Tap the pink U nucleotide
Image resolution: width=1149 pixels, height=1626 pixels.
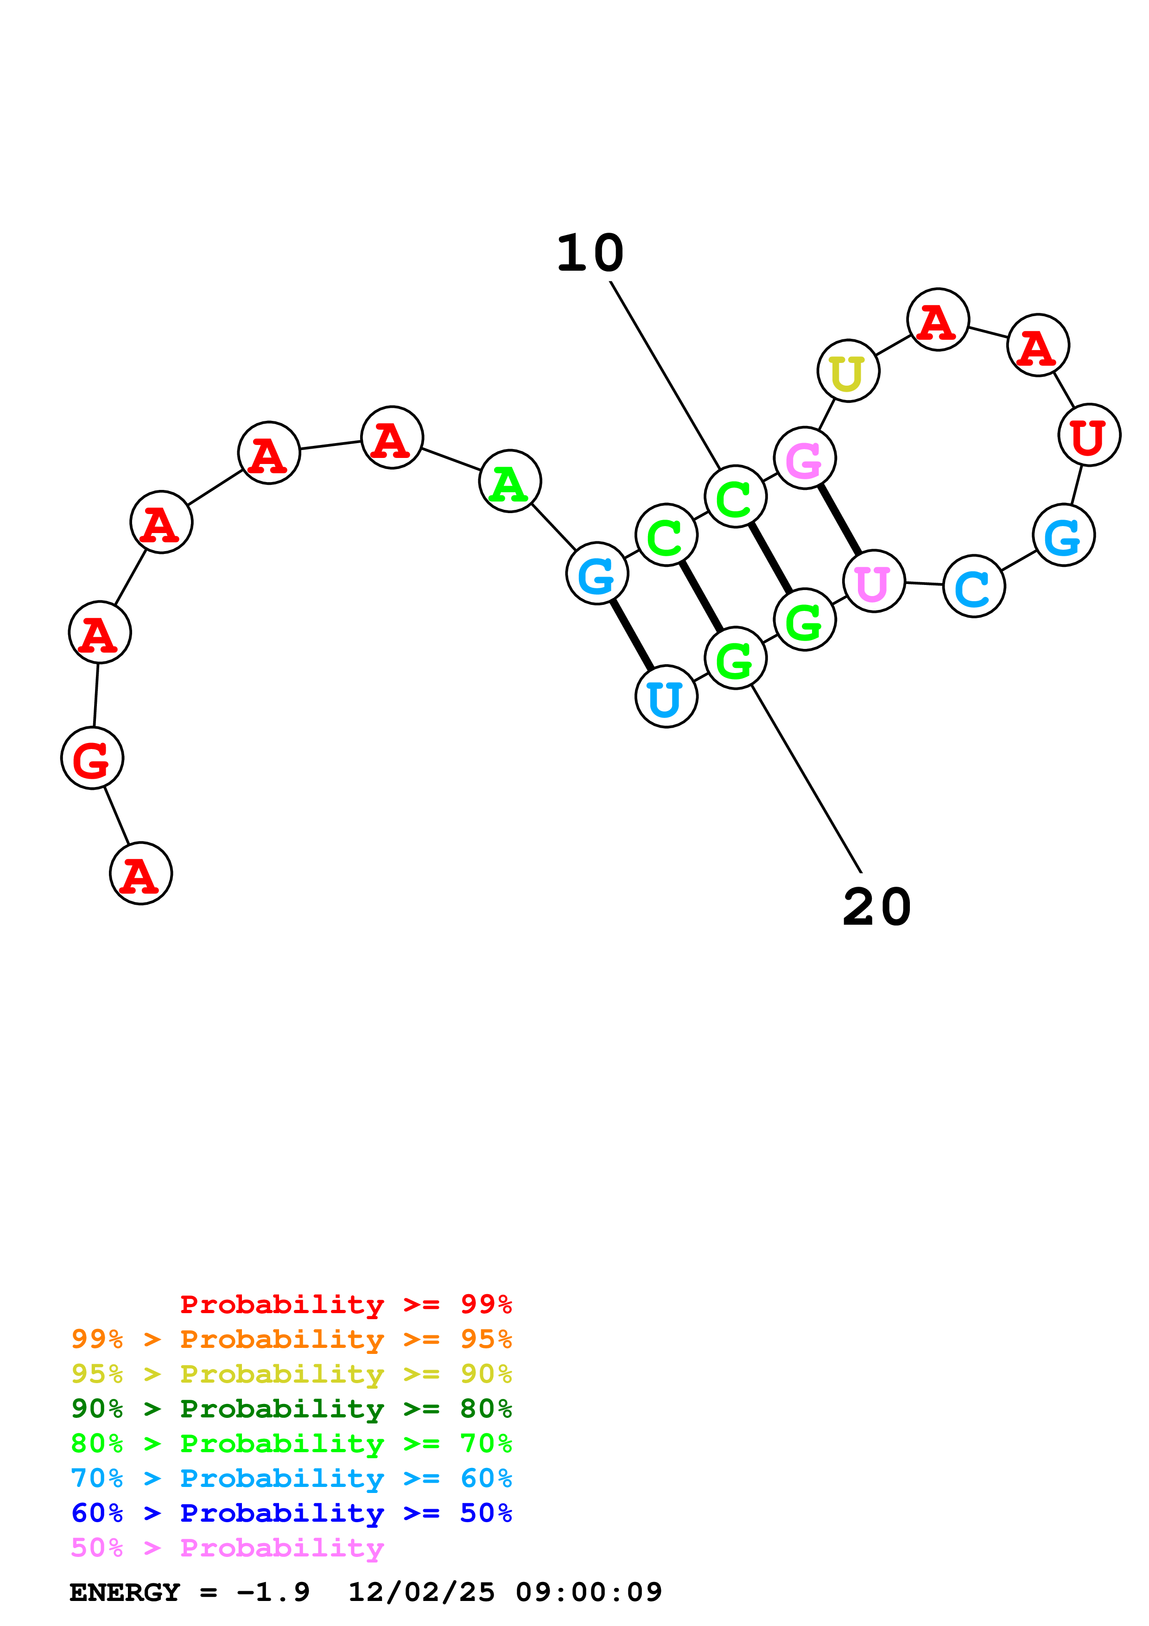click(874, 581)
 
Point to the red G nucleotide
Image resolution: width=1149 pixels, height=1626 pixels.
click(92, 758)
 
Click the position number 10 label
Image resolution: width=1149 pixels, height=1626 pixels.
click(590, 254)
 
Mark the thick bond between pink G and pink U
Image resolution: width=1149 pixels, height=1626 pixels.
click(839, 520)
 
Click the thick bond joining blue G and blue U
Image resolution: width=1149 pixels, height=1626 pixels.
click(631, 635)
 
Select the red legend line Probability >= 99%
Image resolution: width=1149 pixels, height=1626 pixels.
click(345, 1304)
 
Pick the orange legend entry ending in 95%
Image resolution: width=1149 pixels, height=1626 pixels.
click(291, 1339)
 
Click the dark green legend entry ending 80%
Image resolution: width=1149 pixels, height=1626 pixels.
click(291, 1409)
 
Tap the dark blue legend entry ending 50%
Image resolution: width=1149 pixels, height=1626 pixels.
click(291, 1513)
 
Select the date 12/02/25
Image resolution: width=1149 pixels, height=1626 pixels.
click(421, 1592)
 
